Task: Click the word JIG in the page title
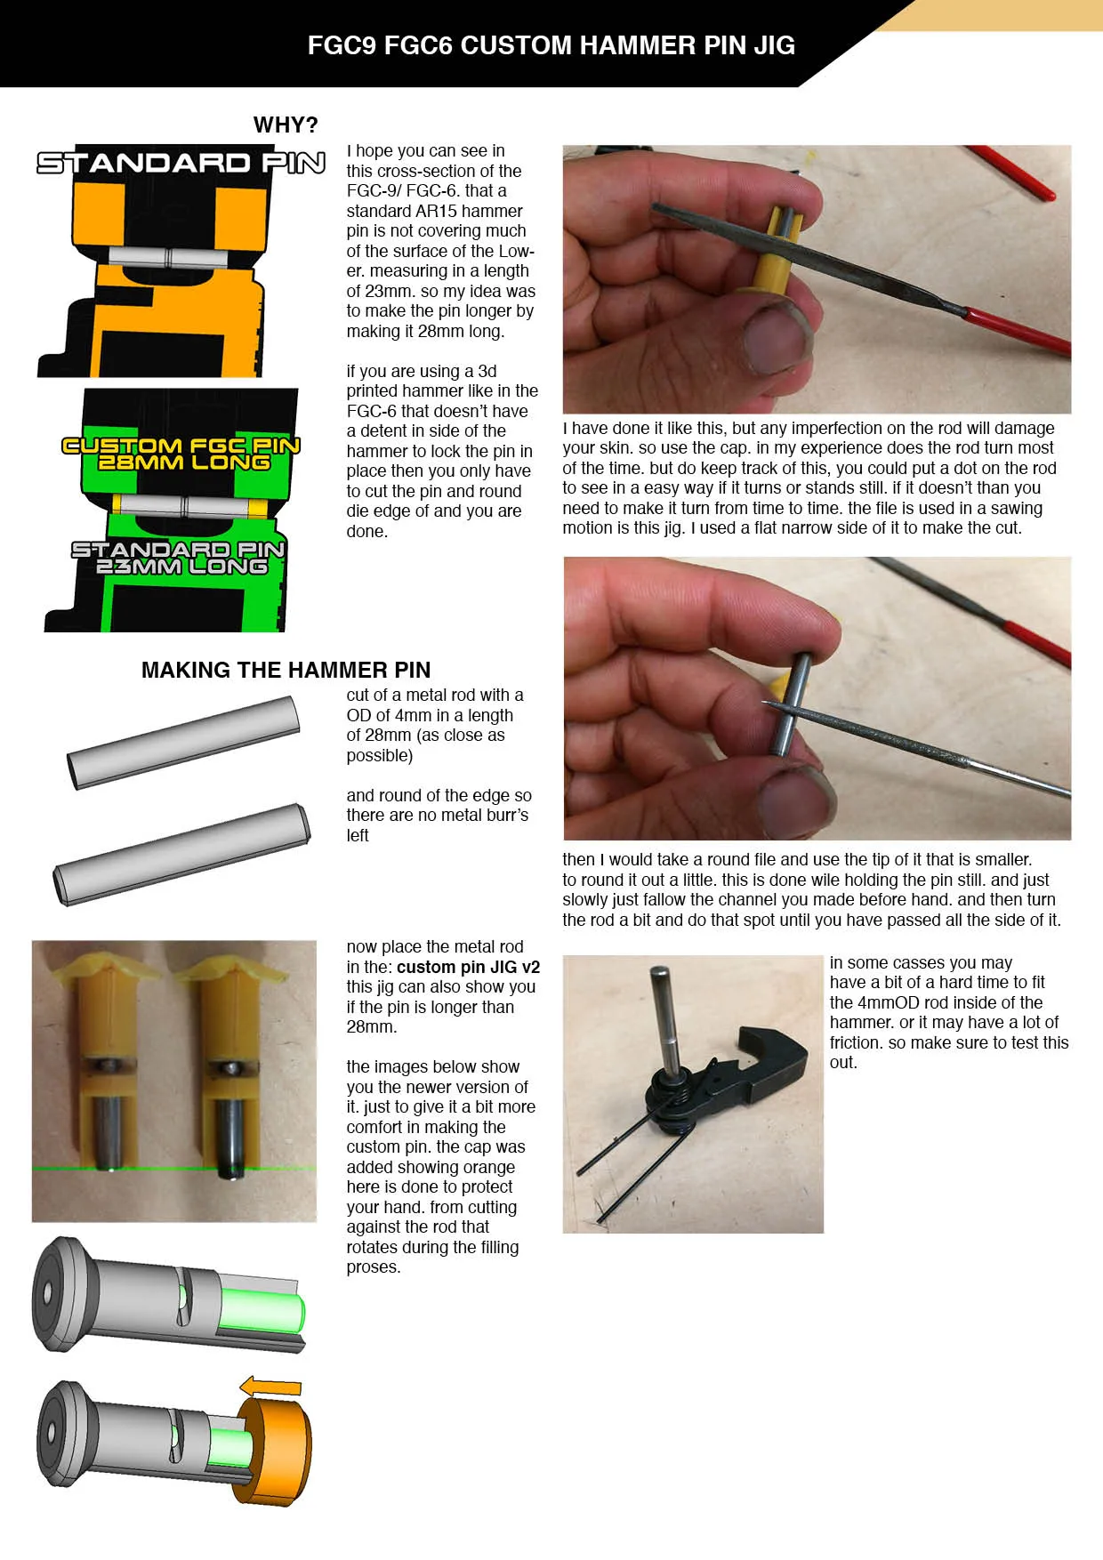(773, 45)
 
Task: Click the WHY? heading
(285, 125)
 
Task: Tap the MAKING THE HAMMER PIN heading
(286, 670)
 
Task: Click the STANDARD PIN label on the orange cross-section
(181, 163)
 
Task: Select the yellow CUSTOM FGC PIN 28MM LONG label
(181, 454)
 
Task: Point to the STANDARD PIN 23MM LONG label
(179, 558)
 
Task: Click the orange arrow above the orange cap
(271, 1386)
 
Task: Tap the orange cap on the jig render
(276, 1450)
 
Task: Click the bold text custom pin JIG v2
(468, 967)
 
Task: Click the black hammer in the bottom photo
(765, 1058)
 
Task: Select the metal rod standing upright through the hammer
(664, 1014)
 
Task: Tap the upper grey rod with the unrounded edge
(183, 743)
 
